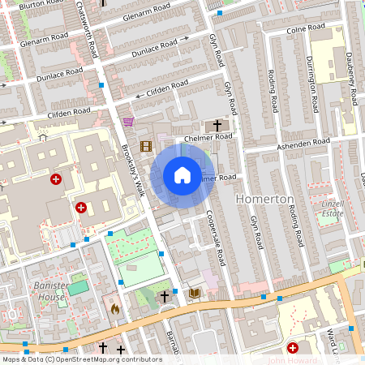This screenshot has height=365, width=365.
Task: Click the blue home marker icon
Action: point(182,175)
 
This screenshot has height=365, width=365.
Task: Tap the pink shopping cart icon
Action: point(128,122)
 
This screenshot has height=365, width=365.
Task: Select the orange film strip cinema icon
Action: point(145,146)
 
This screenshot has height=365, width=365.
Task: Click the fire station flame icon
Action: point(114,309)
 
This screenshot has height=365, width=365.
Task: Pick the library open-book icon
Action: point(194,293)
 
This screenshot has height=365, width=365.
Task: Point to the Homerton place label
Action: point(264,200)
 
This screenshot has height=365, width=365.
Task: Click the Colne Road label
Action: point(306,30)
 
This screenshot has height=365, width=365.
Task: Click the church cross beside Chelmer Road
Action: point(216,126)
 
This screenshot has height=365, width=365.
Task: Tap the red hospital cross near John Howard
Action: point(293,347)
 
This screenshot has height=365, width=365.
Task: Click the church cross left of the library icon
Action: point(165,297)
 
